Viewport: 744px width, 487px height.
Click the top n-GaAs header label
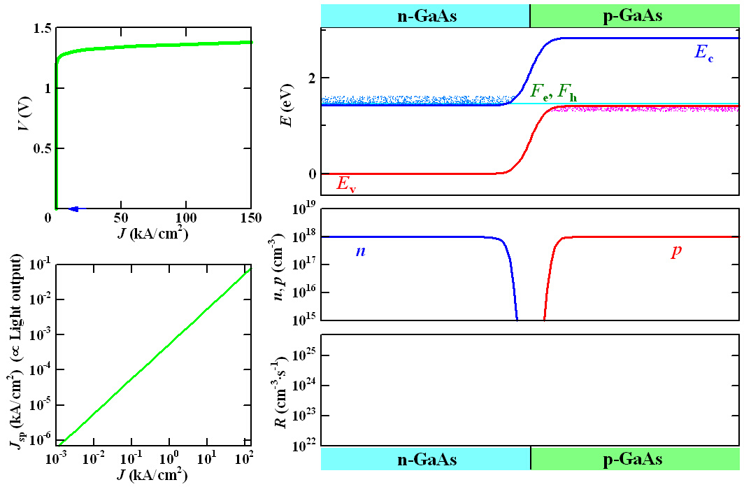[x=427, y=15]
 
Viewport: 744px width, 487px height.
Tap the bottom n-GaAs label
[x=427, y=460]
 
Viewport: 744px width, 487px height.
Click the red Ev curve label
[x=346, y=185]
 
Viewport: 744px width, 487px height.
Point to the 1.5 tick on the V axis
[x=42, y=29]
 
